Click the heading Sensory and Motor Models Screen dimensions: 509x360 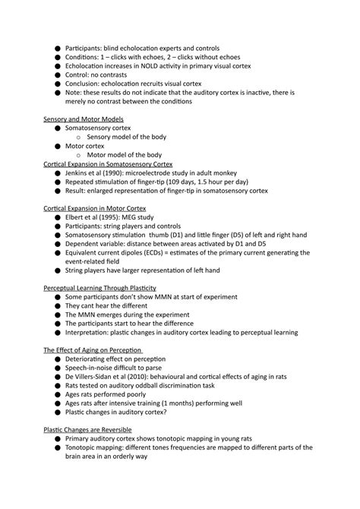(84, 119)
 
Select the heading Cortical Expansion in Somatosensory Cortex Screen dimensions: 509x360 (108, 164)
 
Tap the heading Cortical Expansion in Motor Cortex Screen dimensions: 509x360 (94, 208)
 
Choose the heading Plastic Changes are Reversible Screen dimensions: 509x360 (93, 429)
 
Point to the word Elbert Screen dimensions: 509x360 (76, 217)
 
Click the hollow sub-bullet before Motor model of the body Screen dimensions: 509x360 (80, 155)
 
